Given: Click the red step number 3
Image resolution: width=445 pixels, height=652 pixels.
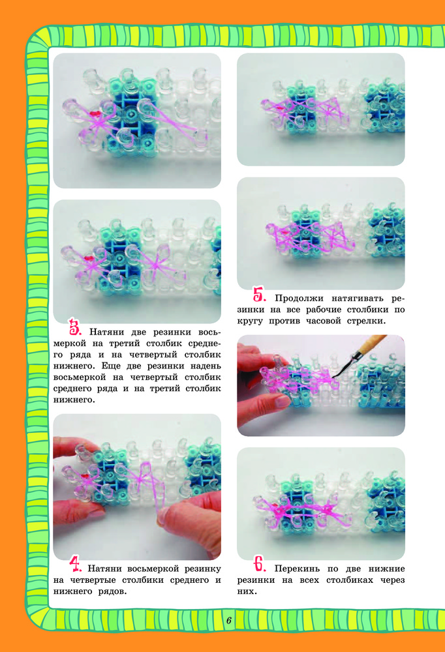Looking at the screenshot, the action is click(x=75, y=327).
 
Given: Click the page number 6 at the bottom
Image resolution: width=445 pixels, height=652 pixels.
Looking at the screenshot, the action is click(x=229, y=621).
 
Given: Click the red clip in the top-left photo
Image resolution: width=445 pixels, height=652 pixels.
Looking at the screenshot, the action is click(x=95, y=113).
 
